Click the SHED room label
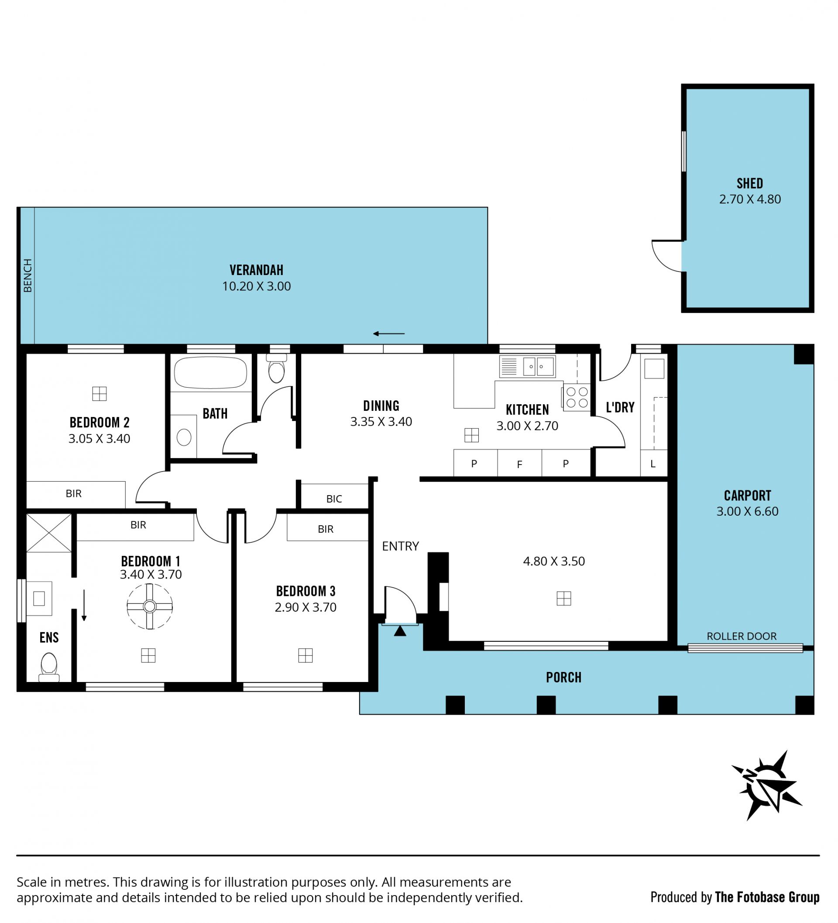(750, 183)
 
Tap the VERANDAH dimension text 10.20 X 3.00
(256, 286)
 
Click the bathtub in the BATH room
(210, 373)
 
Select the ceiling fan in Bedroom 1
(150, 606)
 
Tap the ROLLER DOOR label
(742, 636)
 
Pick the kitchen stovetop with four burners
(577, 397)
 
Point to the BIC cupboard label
(334, 499)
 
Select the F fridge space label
(519, 465)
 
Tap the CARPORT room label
(747, 496)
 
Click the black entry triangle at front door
(400, 631)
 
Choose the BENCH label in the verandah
(28, 276)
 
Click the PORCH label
(563, 678)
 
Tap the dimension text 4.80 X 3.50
(554, 561)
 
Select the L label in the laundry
(653, 464)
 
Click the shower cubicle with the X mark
(49, 533)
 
